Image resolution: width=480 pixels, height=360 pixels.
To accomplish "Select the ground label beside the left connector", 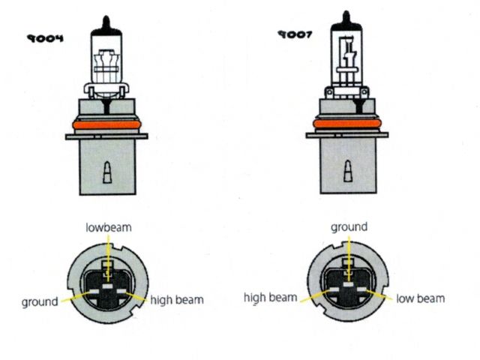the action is [x=40, y=301].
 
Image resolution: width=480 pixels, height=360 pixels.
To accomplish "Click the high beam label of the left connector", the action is [x=177, y=300].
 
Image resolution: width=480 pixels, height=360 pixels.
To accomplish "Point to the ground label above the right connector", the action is [x=349, y=226].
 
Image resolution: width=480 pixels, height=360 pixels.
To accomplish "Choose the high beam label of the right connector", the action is [x=271, y=298].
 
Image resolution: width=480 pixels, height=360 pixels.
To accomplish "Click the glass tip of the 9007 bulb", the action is [x=345, y=16].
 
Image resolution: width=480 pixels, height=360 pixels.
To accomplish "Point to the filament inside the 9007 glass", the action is [x=349, y=56].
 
